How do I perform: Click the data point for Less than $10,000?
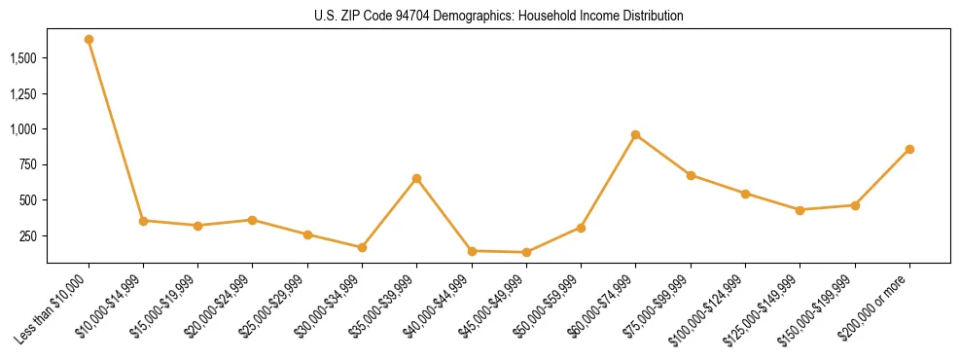click(x=89, y=40)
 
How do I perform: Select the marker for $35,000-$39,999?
click(x=416, y=179)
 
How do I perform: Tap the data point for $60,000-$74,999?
click(x=635, y=135)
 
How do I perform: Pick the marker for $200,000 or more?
click(x=909, y=150)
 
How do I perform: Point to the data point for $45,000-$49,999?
click(x=526, y=253)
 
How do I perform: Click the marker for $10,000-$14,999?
click(x=143, y=221)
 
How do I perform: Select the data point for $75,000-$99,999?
click(x=691, y=176)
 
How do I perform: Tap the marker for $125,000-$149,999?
click(x=800, y=210)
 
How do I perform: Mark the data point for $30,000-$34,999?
click(x=362, y=248)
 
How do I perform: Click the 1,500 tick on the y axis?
click(x=23, y=58)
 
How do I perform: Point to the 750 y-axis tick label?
click(x=28, y=165)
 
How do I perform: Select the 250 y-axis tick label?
click(x=28, y=236)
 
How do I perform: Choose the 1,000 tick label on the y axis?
click(x=23, y=129)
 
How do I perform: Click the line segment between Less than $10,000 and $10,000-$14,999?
click(x=116, y=130)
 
